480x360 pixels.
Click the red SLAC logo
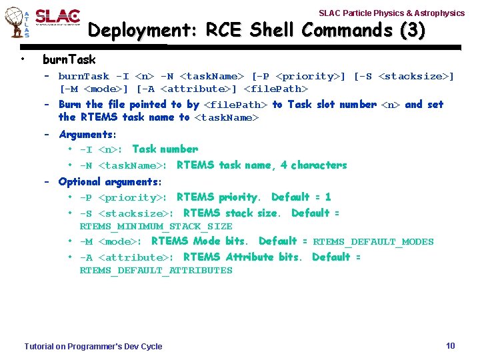coord(57,17)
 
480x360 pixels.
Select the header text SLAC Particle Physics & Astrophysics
coord(391,13)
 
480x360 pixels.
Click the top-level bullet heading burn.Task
coord(69,60)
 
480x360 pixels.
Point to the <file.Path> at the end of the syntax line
coord(276,89)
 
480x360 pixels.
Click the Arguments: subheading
coord(87,135)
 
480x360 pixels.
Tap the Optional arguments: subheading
coord(110,182)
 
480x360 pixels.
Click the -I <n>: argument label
coord(103,150)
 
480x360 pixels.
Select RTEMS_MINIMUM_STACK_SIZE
coord(156,227)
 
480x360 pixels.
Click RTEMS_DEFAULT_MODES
coord(373,242)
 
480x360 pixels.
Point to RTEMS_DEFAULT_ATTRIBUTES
coord(156,271)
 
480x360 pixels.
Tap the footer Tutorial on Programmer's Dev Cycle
coord(93,346)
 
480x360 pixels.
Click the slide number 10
coord(450,345)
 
